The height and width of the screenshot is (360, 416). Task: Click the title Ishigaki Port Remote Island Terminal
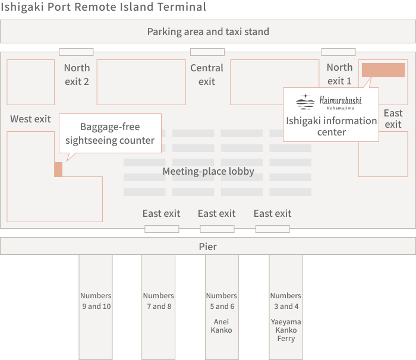coord(103,7)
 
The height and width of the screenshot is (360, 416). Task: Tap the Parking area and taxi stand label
coord(208,31)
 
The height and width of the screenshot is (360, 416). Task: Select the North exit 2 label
coord(77,74)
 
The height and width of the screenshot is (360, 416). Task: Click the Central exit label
coord(207,74)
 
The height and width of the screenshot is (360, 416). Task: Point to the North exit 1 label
coord(339,74)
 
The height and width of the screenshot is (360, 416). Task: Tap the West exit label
coord(30,119)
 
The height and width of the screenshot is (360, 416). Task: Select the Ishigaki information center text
coord(331,126)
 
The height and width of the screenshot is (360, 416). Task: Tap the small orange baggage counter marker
coord(58,169)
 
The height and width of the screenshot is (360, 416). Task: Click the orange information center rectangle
coord(383,70)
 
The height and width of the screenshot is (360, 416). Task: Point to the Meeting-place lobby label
coord(208,172)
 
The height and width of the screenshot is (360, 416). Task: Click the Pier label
coord(208,246)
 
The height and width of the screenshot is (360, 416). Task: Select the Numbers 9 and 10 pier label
coord(96,301)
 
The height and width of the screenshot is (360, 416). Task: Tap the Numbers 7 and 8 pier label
coord(159,301)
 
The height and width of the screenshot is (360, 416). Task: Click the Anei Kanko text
coord(221,326)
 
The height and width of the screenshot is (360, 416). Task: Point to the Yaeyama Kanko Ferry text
coord(286,330)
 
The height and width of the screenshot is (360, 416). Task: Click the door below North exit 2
coord(76,52)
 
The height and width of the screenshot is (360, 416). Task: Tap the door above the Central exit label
coord(207,52)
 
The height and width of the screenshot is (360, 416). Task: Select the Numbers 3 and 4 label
coord(286,301)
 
